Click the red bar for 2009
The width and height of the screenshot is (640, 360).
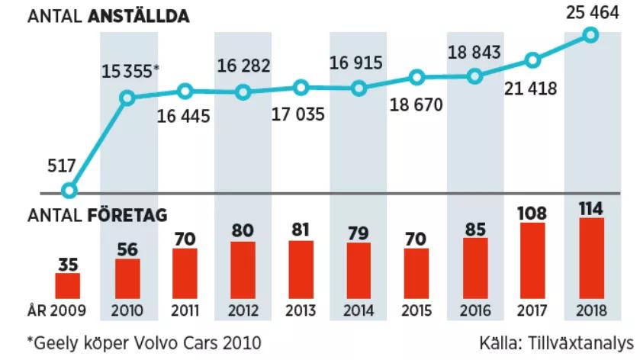pos(68,285)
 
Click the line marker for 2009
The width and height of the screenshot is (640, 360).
pos(69,191)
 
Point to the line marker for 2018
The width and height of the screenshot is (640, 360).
pos(590,34)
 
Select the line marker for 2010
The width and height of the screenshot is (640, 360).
pos(127,97)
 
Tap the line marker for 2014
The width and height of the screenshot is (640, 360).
pos(359,88)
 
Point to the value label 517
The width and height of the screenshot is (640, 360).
pos(60,166)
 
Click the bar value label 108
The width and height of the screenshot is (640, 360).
pos(532,211)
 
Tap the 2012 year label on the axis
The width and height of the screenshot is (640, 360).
pos(243,310)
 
